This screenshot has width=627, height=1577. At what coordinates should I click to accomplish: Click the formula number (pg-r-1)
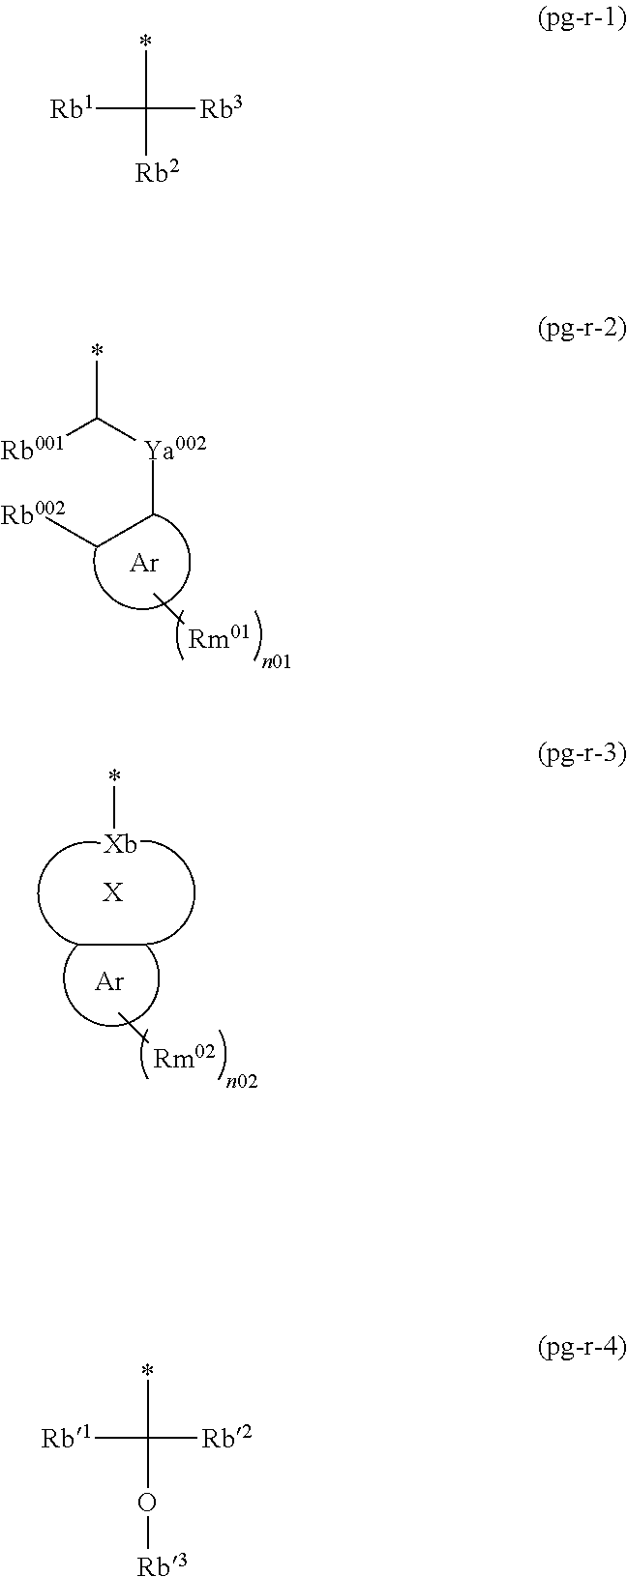point(576,19)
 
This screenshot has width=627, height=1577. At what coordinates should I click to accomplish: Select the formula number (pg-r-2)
point(576,330)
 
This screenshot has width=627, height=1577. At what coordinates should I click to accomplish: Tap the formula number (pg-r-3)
point(576,753)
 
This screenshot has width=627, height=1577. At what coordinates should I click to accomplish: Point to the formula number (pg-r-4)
point(576,1347)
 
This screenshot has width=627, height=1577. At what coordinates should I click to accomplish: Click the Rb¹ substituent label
point(72,109)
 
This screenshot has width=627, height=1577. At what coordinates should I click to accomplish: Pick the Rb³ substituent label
point(221,109)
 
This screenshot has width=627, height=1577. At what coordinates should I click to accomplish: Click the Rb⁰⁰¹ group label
point(33,449)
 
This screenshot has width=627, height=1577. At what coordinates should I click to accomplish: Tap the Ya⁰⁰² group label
point(174,449)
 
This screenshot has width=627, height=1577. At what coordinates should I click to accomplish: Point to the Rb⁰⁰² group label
point(33,514)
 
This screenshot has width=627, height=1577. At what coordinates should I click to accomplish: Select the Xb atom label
point(120,844)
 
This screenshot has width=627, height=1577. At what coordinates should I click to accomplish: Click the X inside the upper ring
point(113,892)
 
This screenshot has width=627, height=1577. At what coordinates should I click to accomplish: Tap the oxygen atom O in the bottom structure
point(147,1503)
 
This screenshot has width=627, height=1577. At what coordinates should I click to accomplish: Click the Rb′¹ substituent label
point(67,1439)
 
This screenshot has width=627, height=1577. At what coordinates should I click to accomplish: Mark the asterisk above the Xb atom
point(114,775)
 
